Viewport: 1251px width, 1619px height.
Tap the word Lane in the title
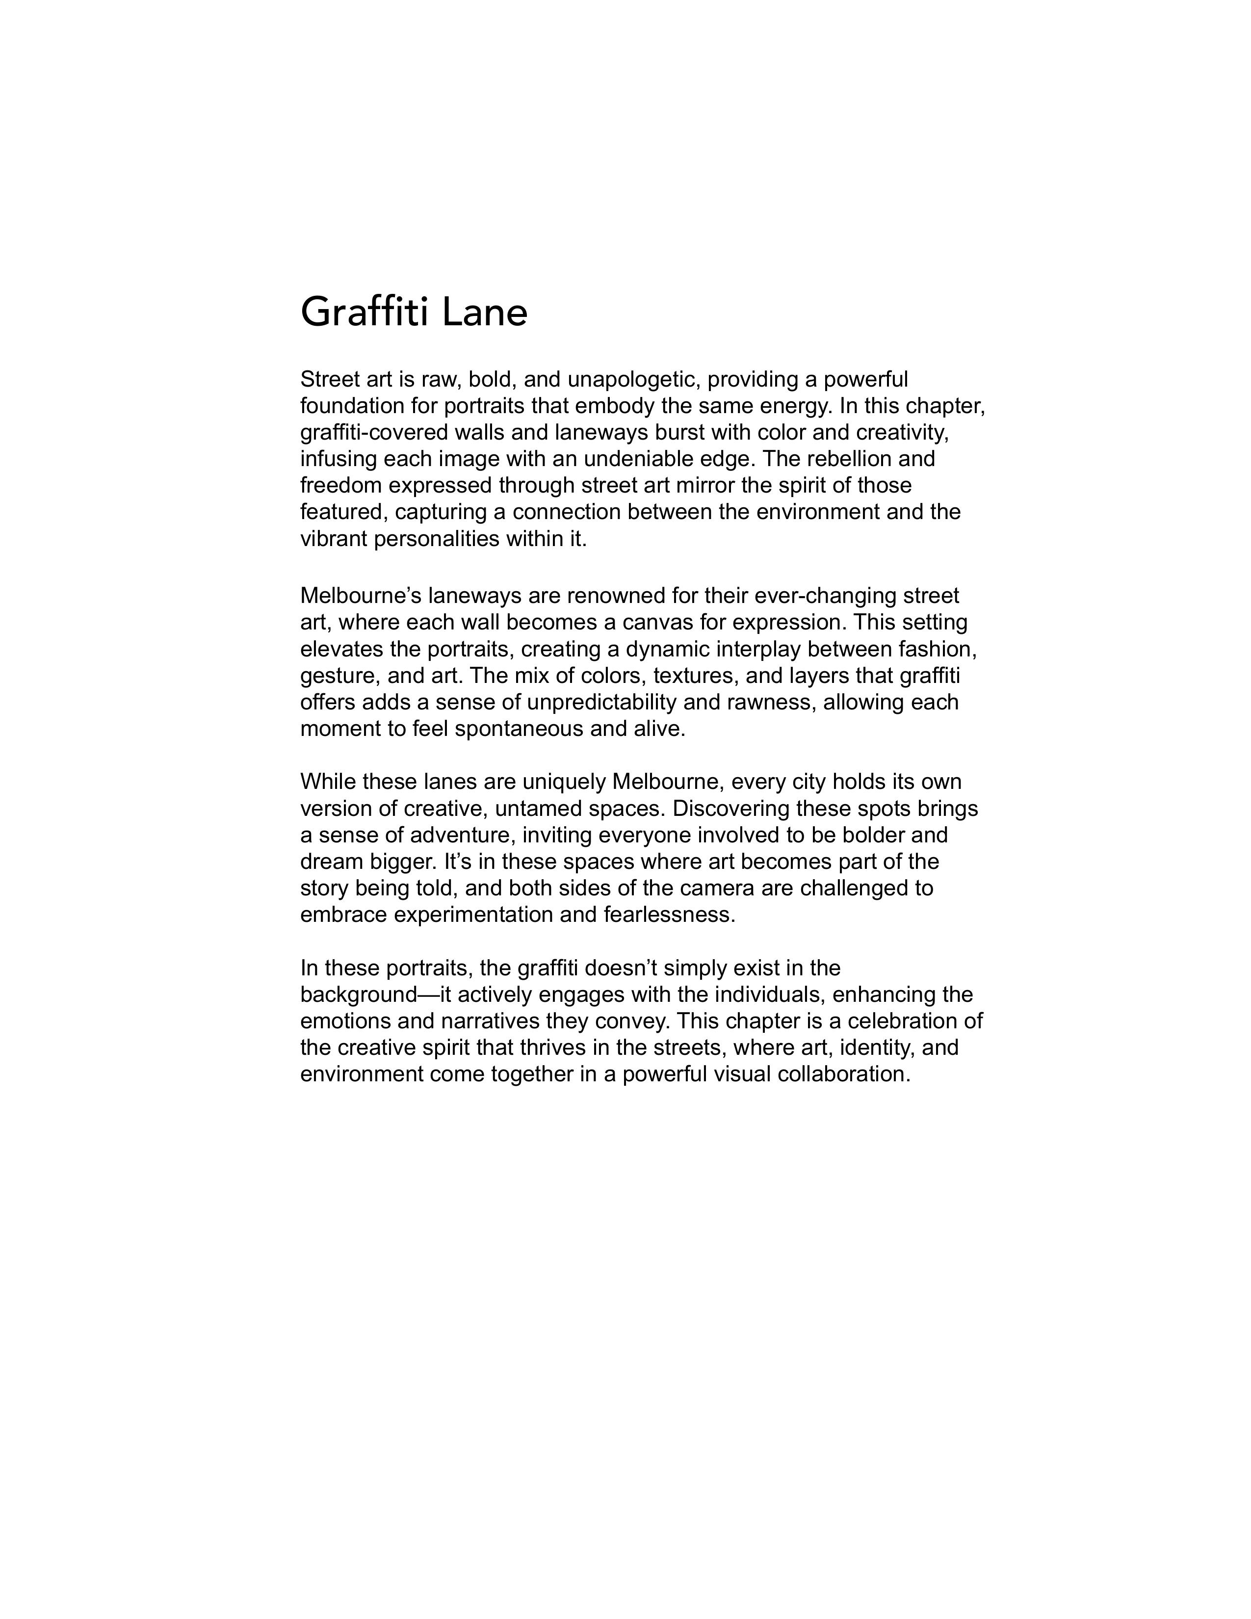point(485,312)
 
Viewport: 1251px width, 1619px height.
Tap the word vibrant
point(334,539)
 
